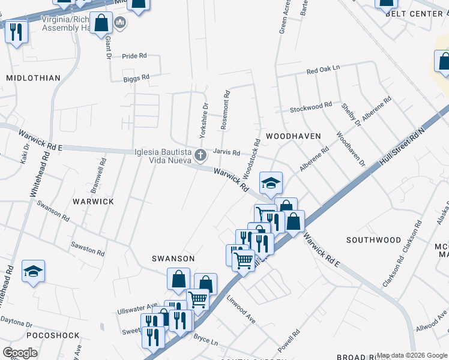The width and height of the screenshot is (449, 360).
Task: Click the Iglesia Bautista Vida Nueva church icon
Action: [x=200, y=156]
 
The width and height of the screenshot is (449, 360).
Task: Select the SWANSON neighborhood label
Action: [x=173, y=259]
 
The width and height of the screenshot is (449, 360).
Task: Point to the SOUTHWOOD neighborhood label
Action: [x=373, y=240]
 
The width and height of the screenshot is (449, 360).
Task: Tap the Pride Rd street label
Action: [x=134, y=56]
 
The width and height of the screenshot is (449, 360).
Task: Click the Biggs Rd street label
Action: [x=136, y=78]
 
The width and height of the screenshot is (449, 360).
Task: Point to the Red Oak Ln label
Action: [x=323, y=70]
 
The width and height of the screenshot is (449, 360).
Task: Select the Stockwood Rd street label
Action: [x=311, y=107]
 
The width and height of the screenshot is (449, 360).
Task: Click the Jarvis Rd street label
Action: [x=226, y=153]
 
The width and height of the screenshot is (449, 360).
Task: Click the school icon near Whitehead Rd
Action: [x=34, y=271]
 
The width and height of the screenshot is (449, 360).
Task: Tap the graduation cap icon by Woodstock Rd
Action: [x=271, y=183]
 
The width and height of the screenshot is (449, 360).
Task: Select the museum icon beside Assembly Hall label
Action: [x=119, y=23]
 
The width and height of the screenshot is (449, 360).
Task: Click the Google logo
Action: [x=20, y=353]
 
